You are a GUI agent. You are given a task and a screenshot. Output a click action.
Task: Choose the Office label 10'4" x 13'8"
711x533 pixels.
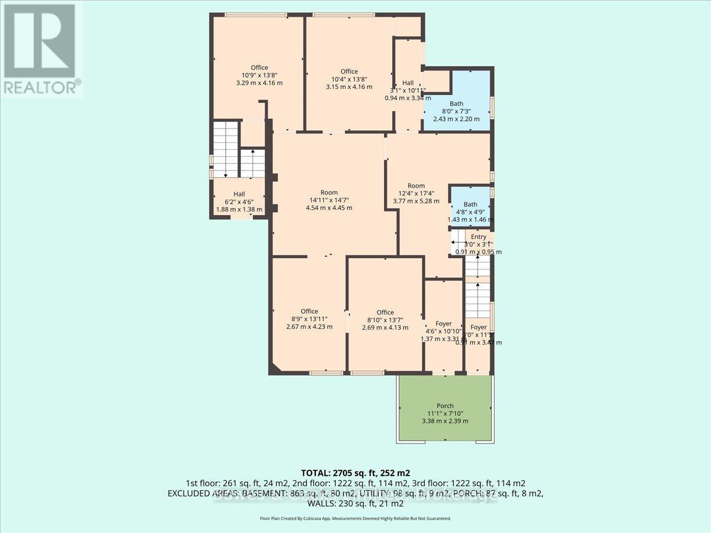click(349, 79)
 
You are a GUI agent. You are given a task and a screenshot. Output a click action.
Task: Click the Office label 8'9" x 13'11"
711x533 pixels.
click(309, 319)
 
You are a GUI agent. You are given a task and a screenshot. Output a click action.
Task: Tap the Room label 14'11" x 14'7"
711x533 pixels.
click(329, 200)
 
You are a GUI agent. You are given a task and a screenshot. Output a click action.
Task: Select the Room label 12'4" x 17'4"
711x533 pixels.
click(417, 193)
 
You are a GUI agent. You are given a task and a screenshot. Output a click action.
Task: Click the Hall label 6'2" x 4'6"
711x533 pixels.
click(239, 201)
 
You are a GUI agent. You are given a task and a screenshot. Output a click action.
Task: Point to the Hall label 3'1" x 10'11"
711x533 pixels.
click(408, 91)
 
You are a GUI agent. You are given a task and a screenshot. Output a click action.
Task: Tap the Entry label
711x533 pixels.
click(479, 237)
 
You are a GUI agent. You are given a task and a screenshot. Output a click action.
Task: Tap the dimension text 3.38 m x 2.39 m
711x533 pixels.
click(445, 421)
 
